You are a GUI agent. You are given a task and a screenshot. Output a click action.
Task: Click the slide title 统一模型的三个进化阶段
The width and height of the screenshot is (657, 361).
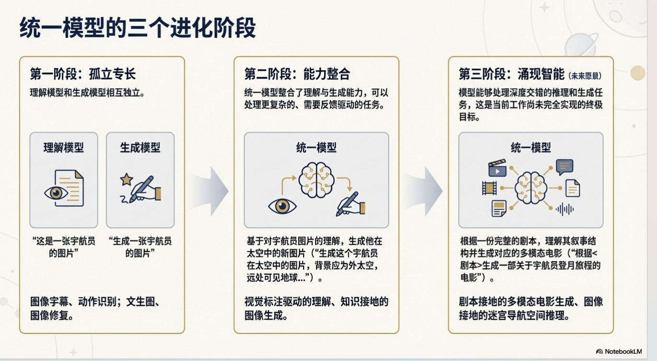point(138,27)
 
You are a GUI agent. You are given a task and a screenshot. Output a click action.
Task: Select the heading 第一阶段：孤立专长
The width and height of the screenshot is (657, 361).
point(83,74)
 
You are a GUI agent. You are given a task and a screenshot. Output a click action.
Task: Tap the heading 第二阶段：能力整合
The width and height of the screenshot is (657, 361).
point(297,74)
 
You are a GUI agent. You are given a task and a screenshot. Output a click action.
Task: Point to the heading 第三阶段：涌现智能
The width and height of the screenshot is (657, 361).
point(512,74)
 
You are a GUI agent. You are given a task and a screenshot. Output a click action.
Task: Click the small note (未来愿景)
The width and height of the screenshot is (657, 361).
point(585,76)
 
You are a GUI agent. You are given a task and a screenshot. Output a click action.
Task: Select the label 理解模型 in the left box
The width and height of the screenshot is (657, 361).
point(63,147)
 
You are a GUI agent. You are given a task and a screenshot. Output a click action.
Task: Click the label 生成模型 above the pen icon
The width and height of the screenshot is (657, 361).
point(140,147)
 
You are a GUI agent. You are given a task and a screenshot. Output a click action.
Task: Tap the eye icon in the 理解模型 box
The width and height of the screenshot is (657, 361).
point(56,193)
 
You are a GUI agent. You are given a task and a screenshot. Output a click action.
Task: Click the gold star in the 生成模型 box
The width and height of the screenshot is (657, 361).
point(127,179)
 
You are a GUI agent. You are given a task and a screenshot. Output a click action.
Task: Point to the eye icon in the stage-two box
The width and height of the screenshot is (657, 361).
point(282,206)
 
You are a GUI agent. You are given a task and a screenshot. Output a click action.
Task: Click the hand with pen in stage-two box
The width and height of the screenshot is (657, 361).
point(351,204)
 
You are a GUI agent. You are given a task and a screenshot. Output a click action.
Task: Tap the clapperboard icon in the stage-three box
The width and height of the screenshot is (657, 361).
point(497,168)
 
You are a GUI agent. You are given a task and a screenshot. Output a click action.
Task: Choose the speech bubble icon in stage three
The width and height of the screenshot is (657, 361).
point(564,166)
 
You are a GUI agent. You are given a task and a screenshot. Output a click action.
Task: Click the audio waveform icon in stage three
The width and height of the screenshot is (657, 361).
point(564,209)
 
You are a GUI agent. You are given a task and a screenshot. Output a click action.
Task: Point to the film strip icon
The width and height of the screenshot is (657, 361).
point(488,187)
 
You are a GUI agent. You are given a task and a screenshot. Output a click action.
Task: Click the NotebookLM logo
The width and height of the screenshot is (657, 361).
point(619,351)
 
